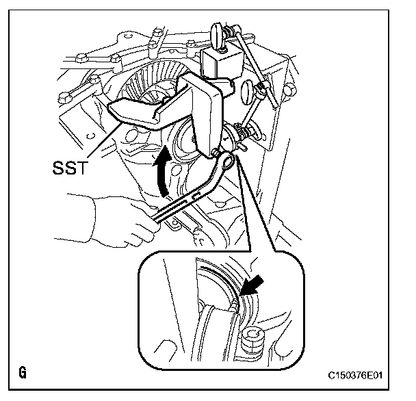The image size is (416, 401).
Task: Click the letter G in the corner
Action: click(23, 373)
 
